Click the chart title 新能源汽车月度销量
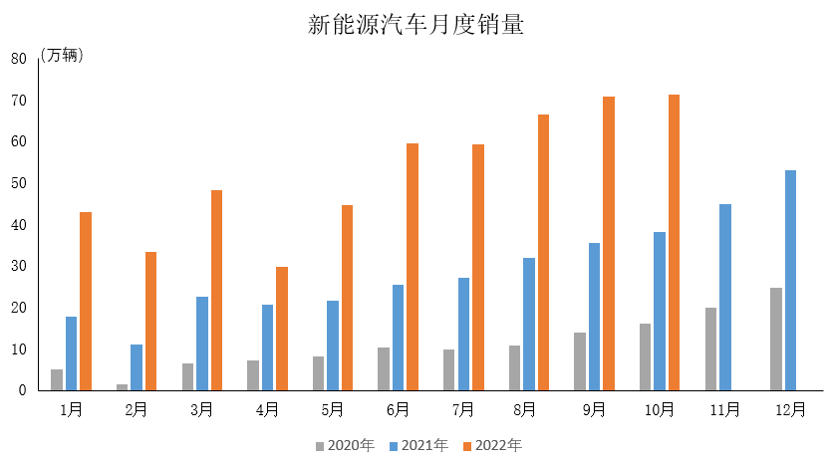click(x=415, y=25)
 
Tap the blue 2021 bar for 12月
click(x=790, y=280)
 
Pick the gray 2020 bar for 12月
click(x=775, y=339)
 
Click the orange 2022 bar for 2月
click(x=150, y=321)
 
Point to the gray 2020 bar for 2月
click(x=122, y=386)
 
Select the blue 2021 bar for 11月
click(x=724, y=297)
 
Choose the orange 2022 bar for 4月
click(x=282, y=329)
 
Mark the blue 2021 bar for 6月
click(x=398, y=338)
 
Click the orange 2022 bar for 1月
click(x=86, y=301)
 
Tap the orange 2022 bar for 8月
click(x=543, y=252)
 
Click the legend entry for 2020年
click(x=344, y=445)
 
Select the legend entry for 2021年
click(x=417, y=445)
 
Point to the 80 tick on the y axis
click(x=18, y=59)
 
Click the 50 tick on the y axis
click(x=18, y=183)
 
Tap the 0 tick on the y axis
click(x=22, y=390)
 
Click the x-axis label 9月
click(x=594, y=409)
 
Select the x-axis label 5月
click(x=333, y=409)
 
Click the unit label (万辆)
click(x=62, y=56)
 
